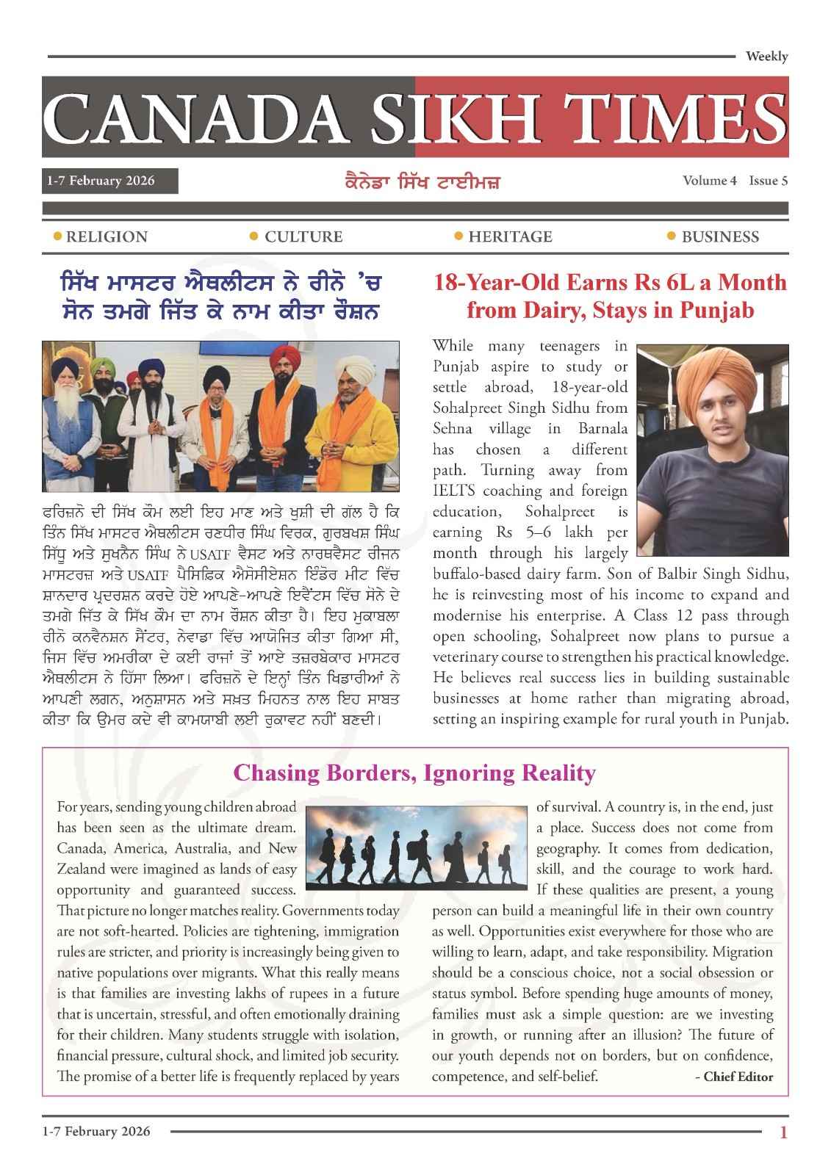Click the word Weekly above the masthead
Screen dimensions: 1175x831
[766, 57]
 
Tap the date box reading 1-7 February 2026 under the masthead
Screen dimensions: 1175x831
[109, 181]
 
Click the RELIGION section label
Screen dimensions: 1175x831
[107, 236]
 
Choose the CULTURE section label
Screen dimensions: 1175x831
[303, 236]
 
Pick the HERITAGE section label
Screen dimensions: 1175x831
[510, 236]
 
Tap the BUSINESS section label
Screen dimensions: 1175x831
[720, 236]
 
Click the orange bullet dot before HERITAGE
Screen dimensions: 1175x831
[458, 236]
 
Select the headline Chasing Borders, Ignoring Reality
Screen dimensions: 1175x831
[414, 773]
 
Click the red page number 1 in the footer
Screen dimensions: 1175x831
[783, 1132]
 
